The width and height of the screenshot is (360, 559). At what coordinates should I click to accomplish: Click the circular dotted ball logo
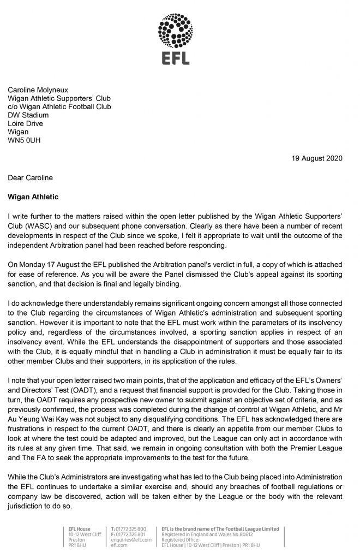(x=179, y=31)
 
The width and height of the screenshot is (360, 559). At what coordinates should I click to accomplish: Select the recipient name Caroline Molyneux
(x=42, y=90)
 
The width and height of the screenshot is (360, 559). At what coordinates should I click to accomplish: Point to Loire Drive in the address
(x=25, y=123)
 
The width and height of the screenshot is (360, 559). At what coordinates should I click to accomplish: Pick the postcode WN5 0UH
(x=24, y=140)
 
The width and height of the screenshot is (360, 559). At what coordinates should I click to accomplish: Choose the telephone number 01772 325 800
(x=131, y=529)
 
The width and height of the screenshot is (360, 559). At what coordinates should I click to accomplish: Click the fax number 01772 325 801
(x=131, y=534)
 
